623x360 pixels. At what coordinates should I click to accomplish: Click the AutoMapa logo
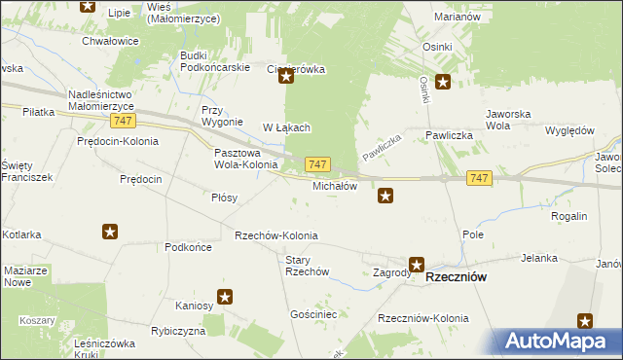pos(559,341)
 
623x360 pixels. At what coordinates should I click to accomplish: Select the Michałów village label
pos(335,185)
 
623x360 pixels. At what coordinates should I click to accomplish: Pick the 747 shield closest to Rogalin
pos(478,178)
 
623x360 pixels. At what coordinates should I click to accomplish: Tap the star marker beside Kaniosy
pos(225,298)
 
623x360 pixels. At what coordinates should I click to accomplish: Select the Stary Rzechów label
pos(307,266)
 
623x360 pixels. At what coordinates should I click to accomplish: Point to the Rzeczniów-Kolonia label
pos(423,318)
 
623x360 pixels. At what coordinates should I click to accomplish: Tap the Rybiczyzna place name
pos(176,331)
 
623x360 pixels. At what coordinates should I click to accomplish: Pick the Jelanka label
pos(538,258)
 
